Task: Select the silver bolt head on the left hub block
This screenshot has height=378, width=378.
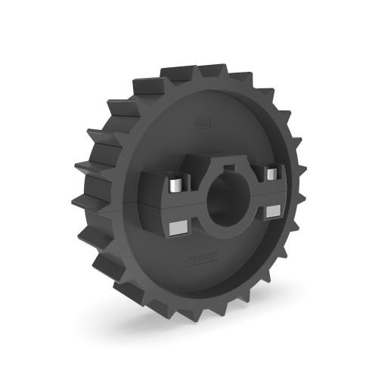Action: coord(175,184)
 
